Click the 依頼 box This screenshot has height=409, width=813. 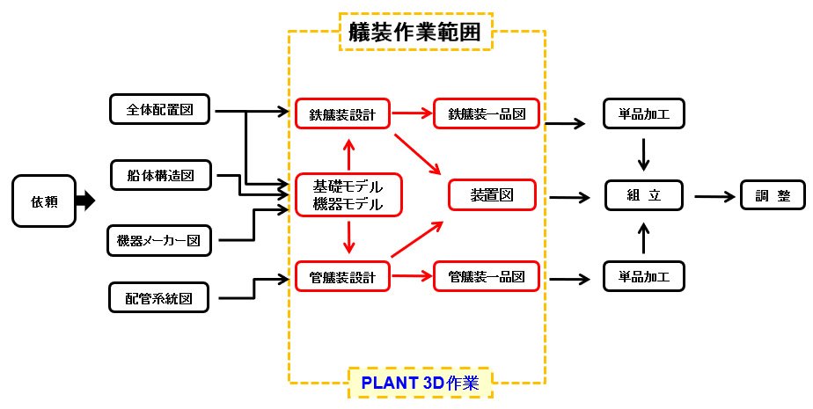pos(44,201)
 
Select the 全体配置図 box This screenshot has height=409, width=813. pos(160,110)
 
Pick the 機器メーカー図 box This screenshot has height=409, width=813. pos(159,240)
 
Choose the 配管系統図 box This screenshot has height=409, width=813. pos(160,297)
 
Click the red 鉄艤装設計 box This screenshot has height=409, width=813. pos(342,114)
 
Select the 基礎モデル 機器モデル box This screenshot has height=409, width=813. pos(348,195)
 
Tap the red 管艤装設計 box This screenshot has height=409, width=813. pos(342,278)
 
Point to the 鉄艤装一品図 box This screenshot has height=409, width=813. pos(487,113)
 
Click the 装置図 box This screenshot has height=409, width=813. pos(492,195)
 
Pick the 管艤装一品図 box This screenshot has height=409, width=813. pos(487,277)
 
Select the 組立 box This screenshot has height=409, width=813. pos(644,195)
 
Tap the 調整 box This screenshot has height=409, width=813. pos(773,195)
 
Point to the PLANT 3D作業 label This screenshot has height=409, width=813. pos(420,383)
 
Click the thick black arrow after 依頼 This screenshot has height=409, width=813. pos(85,201)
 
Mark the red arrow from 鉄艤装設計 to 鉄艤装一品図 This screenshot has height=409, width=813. pos(412,113)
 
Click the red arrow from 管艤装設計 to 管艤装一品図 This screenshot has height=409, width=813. pos(412,277)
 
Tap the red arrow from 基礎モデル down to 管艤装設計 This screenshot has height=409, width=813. pos(349,237)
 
